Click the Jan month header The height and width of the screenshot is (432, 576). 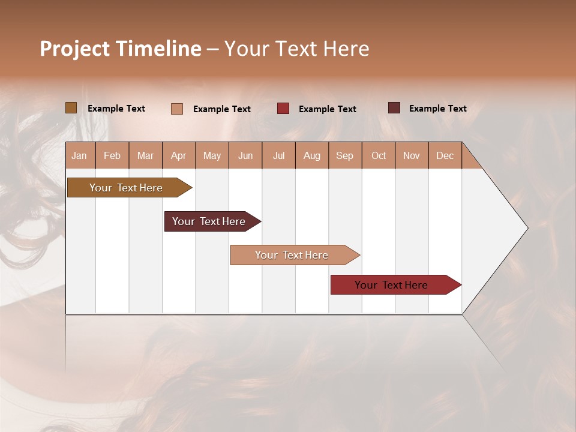(x=80, y=155)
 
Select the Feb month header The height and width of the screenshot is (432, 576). (x=112, y=155)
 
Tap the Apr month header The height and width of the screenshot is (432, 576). (x=179, y=155)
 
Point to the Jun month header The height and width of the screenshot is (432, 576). (x=245, y=155)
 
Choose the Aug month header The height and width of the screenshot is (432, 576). (x=312, y=155)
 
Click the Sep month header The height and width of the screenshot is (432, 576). (x=345, y=155)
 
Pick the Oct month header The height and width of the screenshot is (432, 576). (x=379, y=155)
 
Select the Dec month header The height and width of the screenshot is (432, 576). (x=445, y=155)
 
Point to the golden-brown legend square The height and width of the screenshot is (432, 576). (x=71, y=108)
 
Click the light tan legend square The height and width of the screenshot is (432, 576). (x=177, y=109)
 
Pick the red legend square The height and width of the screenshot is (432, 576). (x=283, y=109)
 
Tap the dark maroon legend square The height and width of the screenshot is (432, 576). (x=394, y=108)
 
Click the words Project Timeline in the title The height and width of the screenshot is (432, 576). (x=120, y=49)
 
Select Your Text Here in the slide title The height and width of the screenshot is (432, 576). (x=297, y=49)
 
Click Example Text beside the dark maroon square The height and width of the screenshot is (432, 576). (x=437, y=109)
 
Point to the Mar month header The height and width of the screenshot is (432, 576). (x=146, y=155)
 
